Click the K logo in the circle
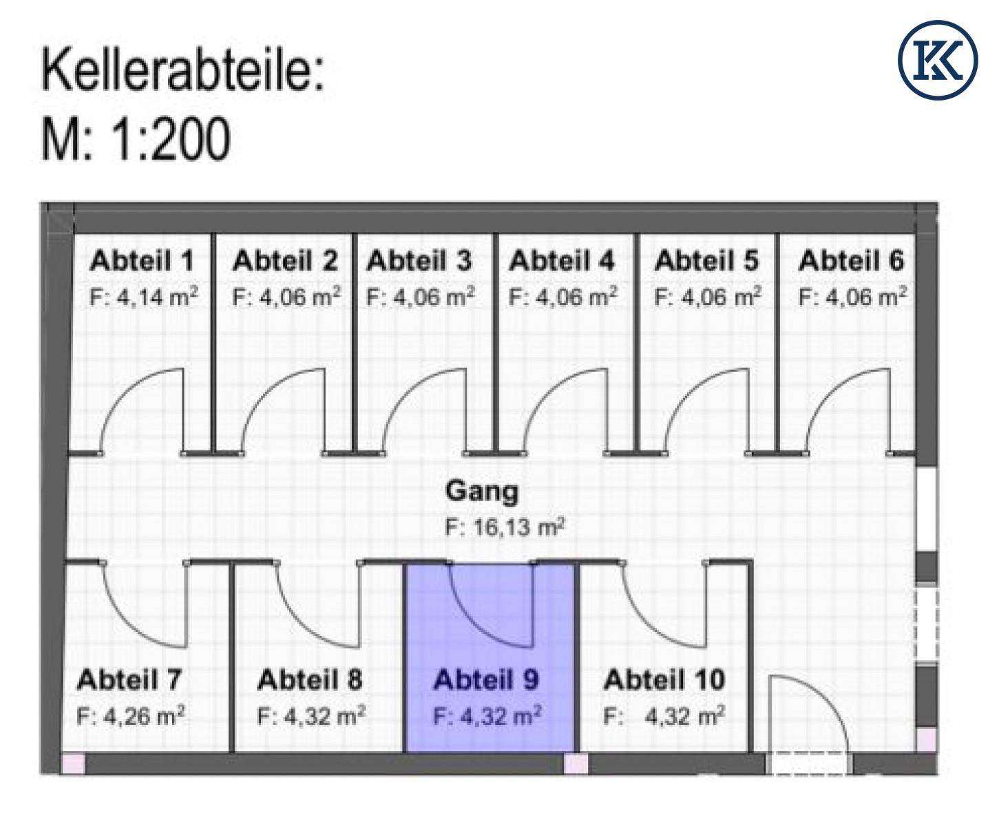pyautogui.click(x=938, y=61)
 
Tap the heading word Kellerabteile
pyautogui.click(x=182, y=70)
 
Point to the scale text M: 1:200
pyautogui.click(x=136, y=139)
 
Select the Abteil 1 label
pyautogui.click(x=142, y=262)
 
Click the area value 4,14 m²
pyautogui.click(x=144, y=297)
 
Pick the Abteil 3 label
pyautogui.click(x=419, y=262)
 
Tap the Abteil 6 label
pyautogui.click(x=851, y=262)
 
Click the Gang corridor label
pyautogui.click(x=482, y=492)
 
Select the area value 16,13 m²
pyautogui.click(x=505, y=527)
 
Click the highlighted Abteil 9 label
pyautogui.click(x=485, y=680)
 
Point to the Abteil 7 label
pyautogui.click(x=129, y=680)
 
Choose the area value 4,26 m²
pyautogui.click(x=131, y=717)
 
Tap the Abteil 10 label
pyautogui.click(x=664, y=680)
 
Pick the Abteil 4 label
pyautogui.click(x=562, y=262)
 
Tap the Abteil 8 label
pyautogui.click(x=309, y=680)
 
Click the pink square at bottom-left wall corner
pyautogui.click(x=73, y=764)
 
